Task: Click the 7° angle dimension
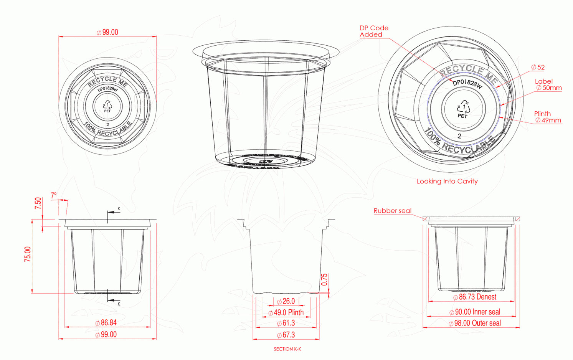pos(54,195)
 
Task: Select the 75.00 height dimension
pos(28,254)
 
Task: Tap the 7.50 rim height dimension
pos(38,203)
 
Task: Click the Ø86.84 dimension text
pos(106,323)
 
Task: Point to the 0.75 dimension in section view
pos(324,279)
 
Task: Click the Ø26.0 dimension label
pos(286,301)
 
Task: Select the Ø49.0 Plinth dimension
pos(286,312)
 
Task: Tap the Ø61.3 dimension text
pos(286,323)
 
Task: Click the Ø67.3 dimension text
pos(286,335)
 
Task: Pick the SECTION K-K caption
pos(287,349)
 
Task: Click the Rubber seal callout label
pos(392,211)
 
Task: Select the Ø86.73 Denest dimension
pos(475,297)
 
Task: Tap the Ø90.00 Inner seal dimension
pos(475,312)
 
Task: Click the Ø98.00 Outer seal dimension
pos(475,323)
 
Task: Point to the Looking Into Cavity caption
pos(447,181)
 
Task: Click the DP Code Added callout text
pos(373,31)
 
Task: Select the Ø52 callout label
pos(538,67)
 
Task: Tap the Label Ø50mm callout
pos(548,84)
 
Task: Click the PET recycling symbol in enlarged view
pos(463,109)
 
